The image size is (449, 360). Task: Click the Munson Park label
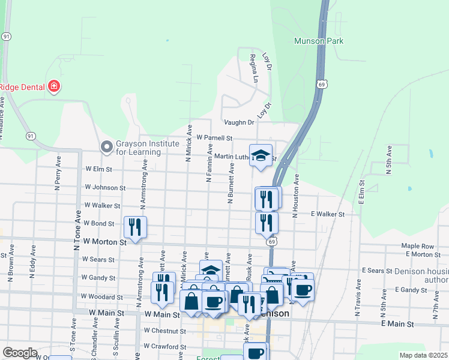pos(319,41)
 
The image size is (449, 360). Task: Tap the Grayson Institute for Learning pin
pos(107,146)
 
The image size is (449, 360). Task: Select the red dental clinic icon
pos(54,86)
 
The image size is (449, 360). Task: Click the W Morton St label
pos(105,242)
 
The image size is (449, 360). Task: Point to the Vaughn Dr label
pos(239,122)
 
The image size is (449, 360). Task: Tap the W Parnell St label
pos(214,138)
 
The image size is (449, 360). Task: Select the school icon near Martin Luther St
pos(261,156)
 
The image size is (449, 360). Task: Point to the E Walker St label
pos(328,214)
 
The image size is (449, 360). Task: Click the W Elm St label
pos(98,169)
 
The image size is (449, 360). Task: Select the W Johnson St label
pos(105,187)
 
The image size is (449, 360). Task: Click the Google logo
pos(20,353)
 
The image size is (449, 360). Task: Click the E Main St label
pos(397,324)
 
